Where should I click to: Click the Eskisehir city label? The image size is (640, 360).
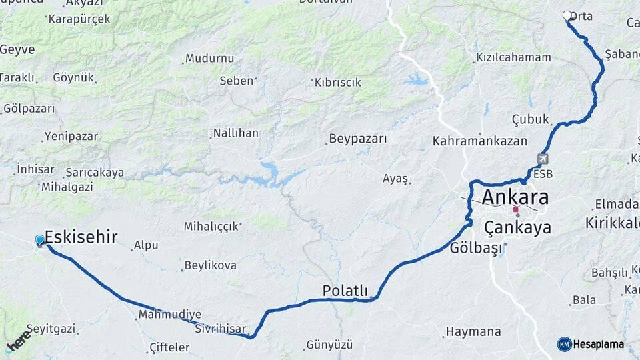pos(81,237)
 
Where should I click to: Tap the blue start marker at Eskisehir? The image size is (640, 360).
pos(40,240)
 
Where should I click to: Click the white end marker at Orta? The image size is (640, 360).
pos(567,15)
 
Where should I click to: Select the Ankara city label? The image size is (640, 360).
pos(515,197)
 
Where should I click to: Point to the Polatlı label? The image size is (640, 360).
pos(345,291)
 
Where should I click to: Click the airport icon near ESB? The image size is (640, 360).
pos(543,159)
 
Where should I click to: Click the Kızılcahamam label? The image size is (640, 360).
pos(513,57)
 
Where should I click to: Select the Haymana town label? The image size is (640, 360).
pos(473,331)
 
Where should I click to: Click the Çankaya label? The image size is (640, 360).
pos(517,228)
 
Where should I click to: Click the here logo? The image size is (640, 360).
pos(19,340)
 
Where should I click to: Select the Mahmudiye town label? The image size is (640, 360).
pos(169,314)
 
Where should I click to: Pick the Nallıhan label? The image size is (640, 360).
pos(235,133)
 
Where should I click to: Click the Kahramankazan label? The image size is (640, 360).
pos(479,141)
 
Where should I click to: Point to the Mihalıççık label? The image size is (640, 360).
pos(211,227)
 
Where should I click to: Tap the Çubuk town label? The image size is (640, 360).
pos(530,119)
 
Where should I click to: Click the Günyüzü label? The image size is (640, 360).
pos(329,345)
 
